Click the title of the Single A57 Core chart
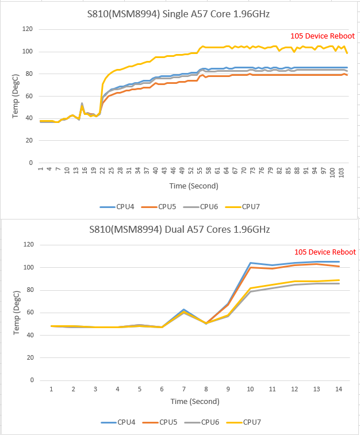[180, 14]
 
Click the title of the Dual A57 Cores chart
[180, 230]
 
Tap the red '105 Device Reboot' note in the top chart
[323, 36]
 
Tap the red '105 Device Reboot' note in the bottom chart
[325, 252]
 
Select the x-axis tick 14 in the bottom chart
[339, 389]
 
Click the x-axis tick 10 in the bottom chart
[251, 389]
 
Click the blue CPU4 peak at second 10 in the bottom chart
[251, 263]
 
